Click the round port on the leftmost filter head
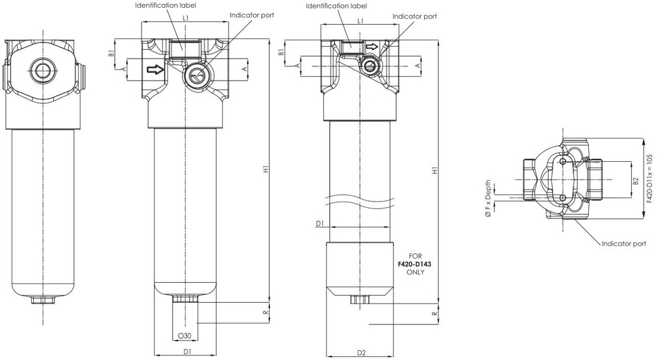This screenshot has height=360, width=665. coord(43,71)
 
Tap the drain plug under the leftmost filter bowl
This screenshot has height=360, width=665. coord(43,301)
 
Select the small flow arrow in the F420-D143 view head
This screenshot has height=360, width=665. coord(371,47)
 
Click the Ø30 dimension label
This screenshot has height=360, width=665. coord(185,336)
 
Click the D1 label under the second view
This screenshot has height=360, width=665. coord(186,352)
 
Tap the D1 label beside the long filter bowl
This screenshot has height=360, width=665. coord(320,223)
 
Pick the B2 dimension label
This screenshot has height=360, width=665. coord(635,178)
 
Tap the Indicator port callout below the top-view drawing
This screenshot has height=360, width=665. coord(623,244)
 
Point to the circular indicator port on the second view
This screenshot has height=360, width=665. coord(194,77)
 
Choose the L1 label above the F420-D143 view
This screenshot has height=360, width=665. coord(361,21)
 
